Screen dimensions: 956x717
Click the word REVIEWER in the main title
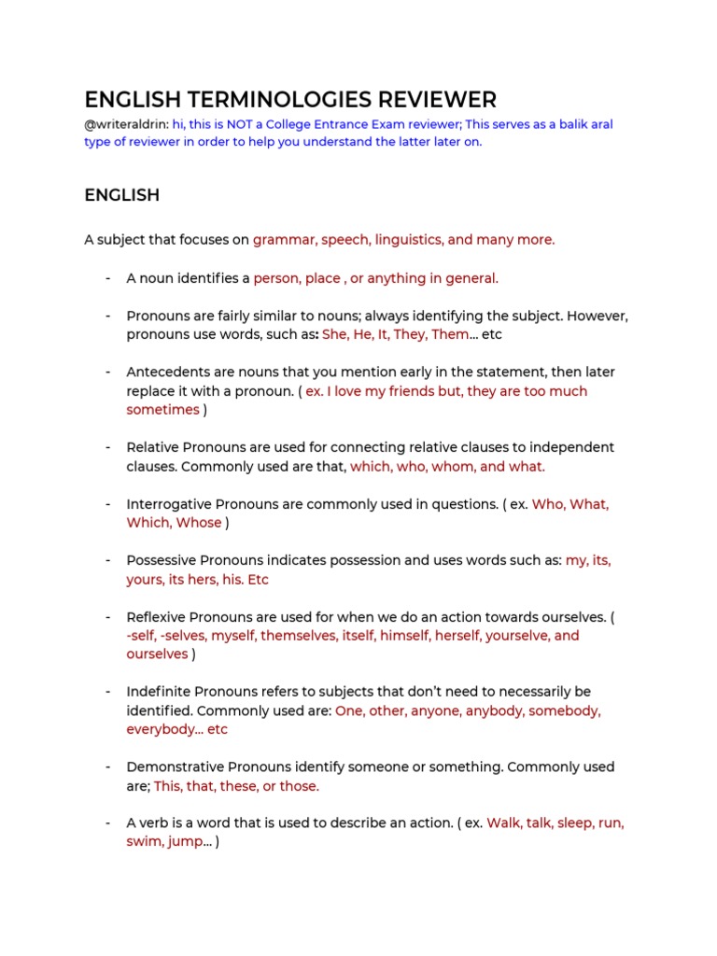[428, 100]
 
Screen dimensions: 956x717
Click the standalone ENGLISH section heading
[121, 195]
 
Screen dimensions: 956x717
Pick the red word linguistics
[407, 240]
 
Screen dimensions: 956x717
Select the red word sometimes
[163, 410]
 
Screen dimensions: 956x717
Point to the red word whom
[455, 466]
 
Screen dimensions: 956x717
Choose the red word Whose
[199, 523]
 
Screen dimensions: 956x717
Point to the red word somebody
[565, 710]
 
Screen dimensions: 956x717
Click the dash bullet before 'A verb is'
[109, 823]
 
